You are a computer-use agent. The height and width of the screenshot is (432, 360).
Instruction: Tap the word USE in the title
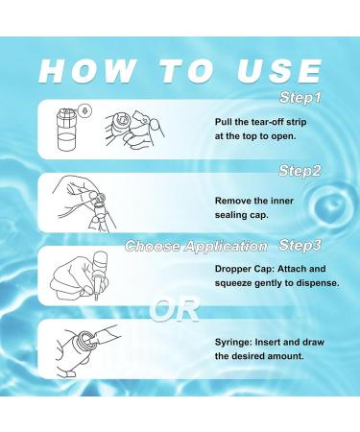pos(279,71)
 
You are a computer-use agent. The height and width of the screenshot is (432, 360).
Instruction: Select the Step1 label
pos(300,98)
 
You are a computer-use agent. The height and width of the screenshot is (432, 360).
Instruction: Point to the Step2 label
pos(300,171)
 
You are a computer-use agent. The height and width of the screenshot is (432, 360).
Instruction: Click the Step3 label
pos(300,246)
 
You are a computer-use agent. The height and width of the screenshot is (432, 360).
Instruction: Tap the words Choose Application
pos(196,246)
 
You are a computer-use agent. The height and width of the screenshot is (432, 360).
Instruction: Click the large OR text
pos(175,309)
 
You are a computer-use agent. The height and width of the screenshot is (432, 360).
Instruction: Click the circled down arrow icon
pos(84,111)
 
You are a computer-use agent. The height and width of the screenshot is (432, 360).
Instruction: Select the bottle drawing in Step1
pos(67,130)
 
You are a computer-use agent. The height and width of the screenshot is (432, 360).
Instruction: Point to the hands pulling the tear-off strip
pos(134,130)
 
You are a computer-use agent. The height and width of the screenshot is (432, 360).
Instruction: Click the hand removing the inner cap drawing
pos(84,203)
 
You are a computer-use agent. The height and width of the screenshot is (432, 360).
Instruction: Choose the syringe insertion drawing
pos(87,350)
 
